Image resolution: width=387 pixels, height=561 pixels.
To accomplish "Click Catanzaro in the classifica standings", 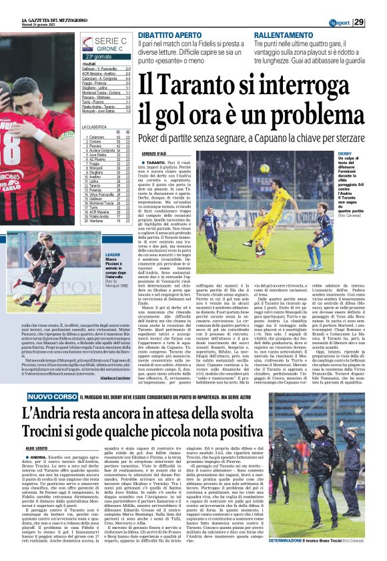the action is click(x=97, y=137).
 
